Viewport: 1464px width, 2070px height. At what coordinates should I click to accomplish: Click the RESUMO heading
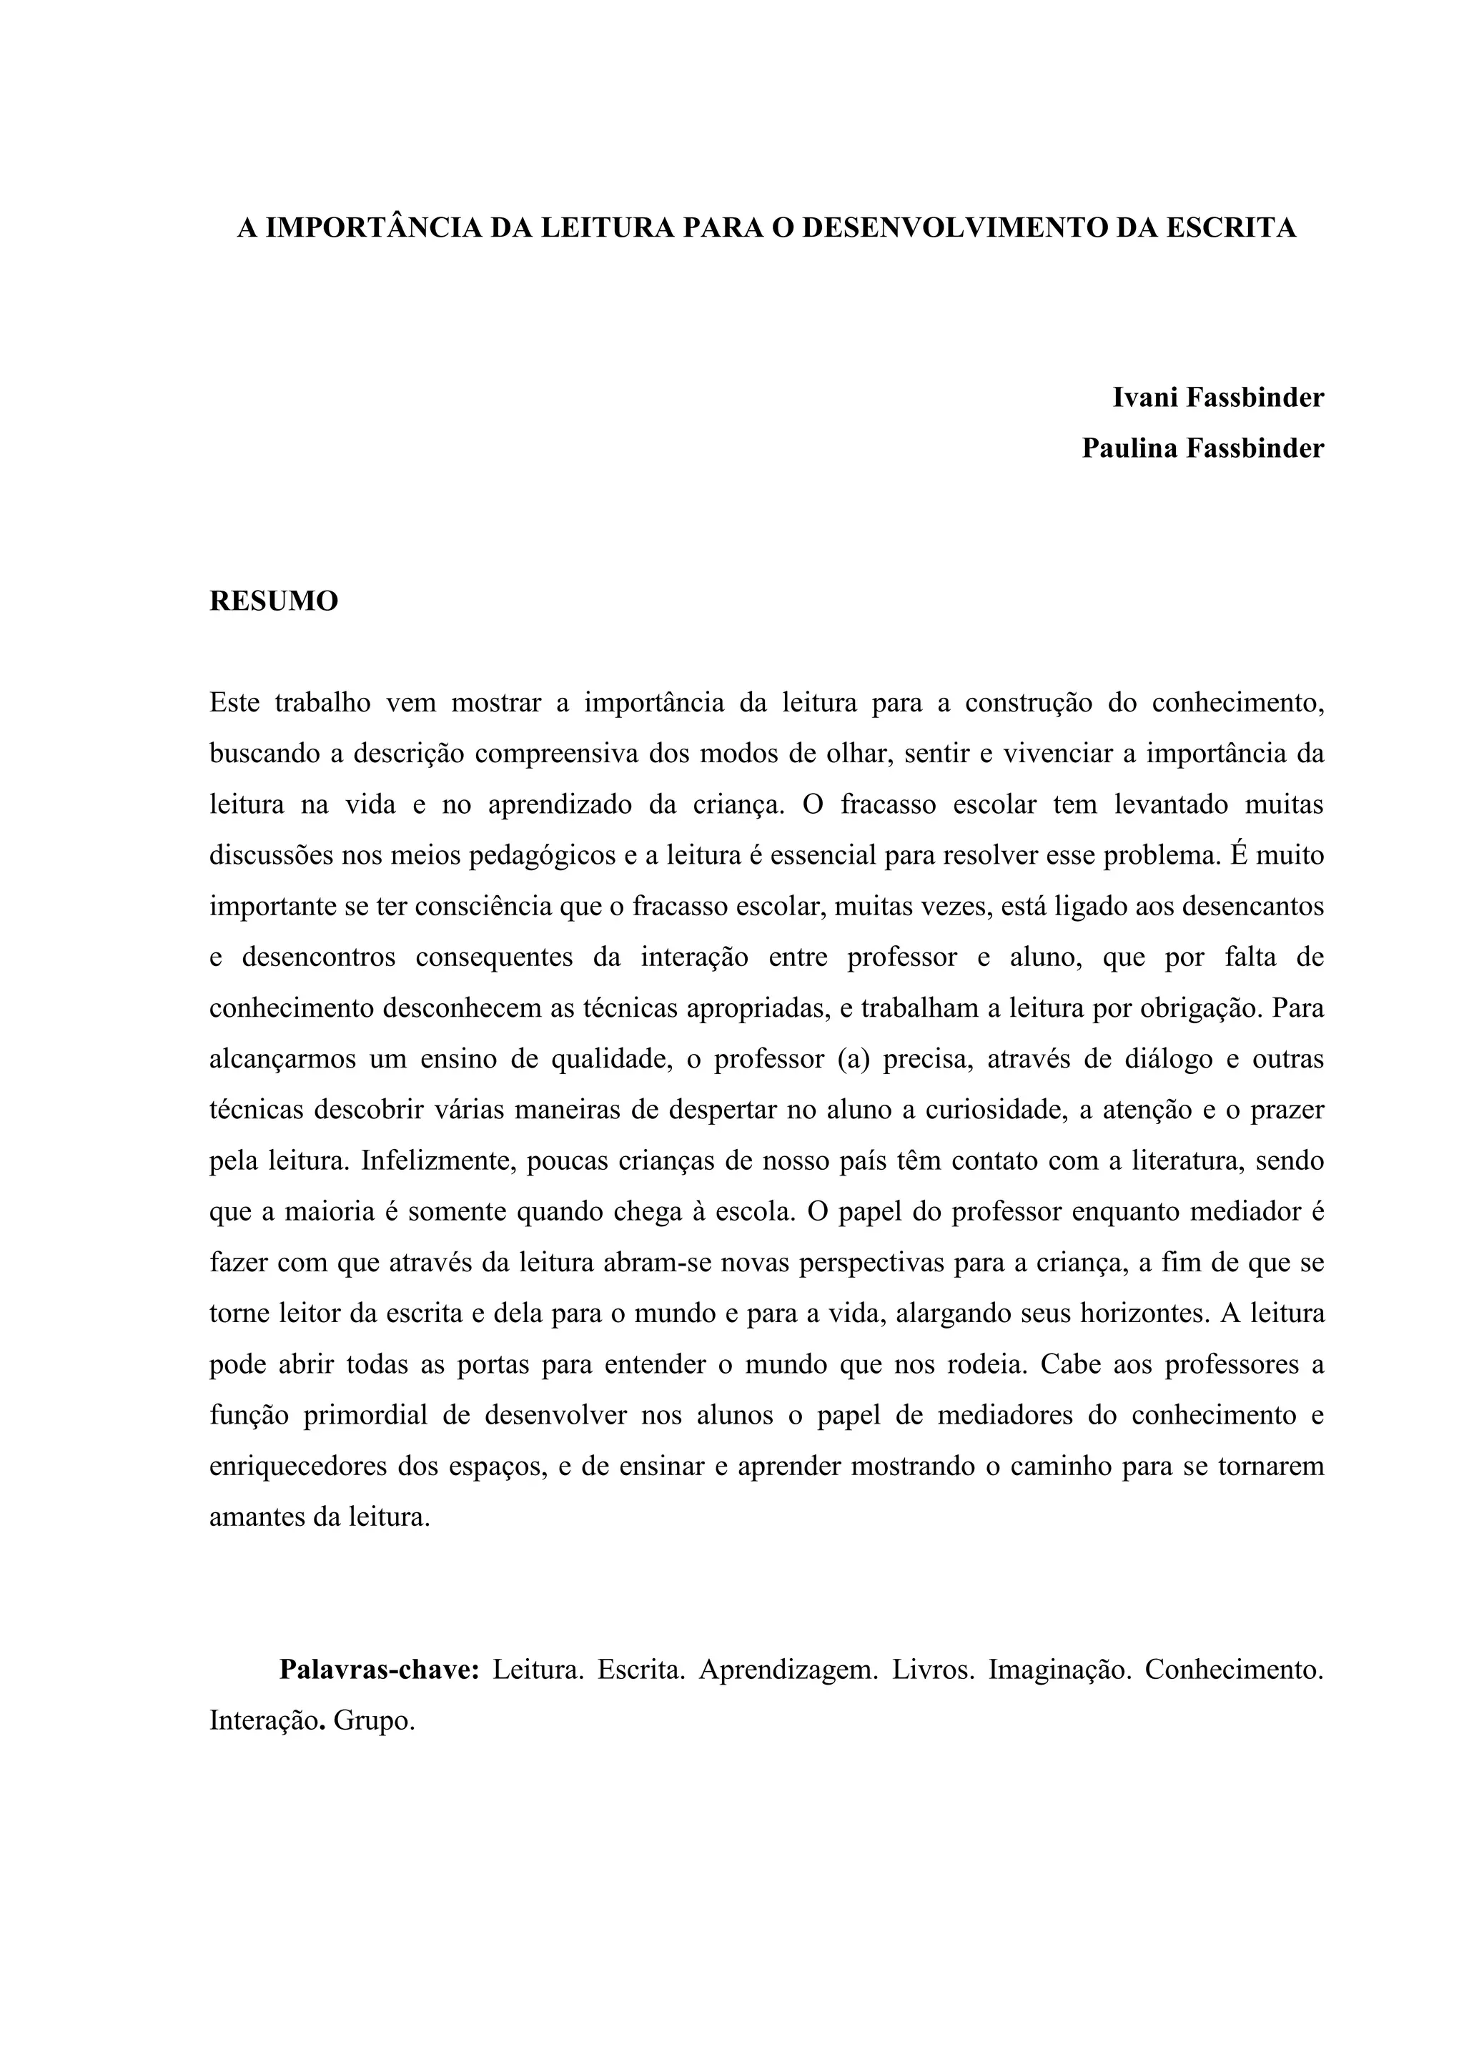point(274,601)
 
